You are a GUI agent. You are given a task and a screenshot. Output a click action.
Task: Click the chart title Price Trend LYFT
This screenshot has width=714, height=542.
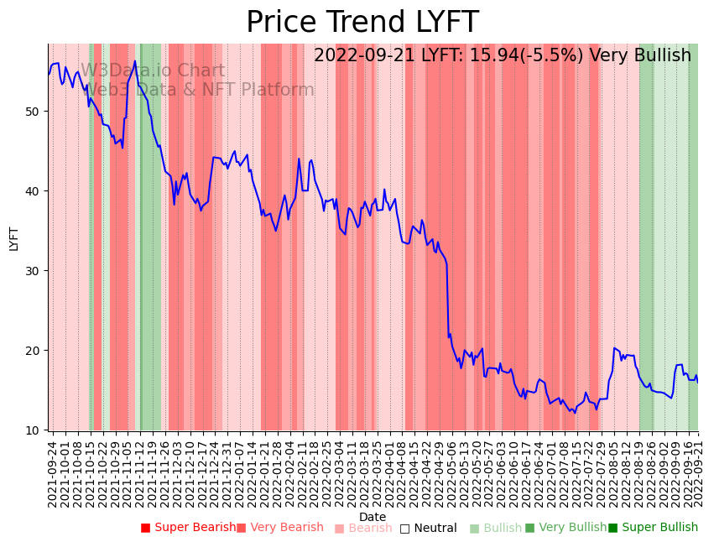362,22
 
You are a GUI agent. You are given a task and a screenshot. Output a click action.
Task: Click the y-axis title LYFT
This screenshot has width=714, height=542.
13,238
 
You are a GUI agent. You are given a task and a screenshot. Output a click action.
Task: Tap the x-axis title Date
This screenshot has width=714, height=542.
373,517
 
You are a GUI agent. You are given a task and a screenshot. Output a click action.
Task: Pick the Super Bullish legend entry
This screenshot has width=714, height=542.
653,528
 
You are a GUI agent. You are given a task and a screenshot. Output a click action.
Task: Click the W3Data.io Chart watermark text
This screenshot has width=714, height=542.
153,71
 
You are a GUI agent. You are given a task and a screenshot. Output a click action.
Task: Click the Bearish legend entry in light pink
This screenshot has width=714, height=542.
363,529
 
